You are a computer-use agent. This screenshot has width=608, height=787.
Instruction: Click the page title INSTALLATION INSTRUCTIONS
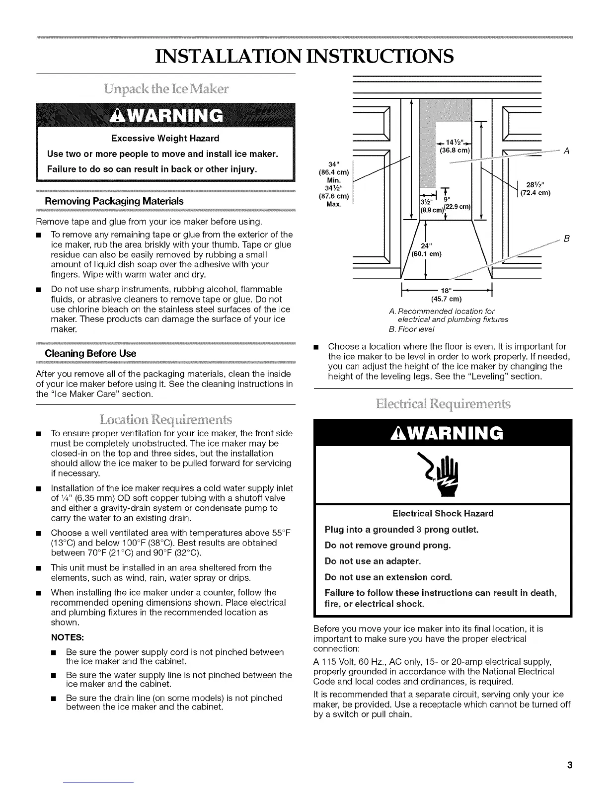[x=304, y=56]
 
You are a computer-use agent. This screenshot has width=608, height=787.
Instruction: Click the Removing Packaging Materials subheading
[x=114, y=201]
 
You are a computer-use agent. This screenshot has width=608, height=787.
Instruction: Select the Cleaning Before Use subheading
[x=90, y=353]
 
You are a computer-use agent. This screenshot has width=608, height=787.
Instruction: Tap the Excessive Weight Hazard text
[x=165, y=138]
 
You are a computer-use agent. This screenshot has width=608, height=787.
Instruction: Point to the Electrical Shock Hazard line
[x=443, y=513]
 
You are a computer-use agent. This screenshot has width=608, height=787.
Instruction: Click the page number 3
[x=570, y=765]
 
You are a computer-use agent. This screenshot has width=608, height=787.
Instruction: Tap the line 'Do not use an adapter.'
[x=373, y=561]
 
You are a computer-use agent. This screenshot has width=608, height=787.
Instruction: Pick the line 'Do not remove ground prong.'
[x=387, y=546]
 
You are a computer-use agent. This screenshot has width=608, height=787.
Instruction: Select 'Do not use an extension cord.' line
[x=388, y=577]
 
